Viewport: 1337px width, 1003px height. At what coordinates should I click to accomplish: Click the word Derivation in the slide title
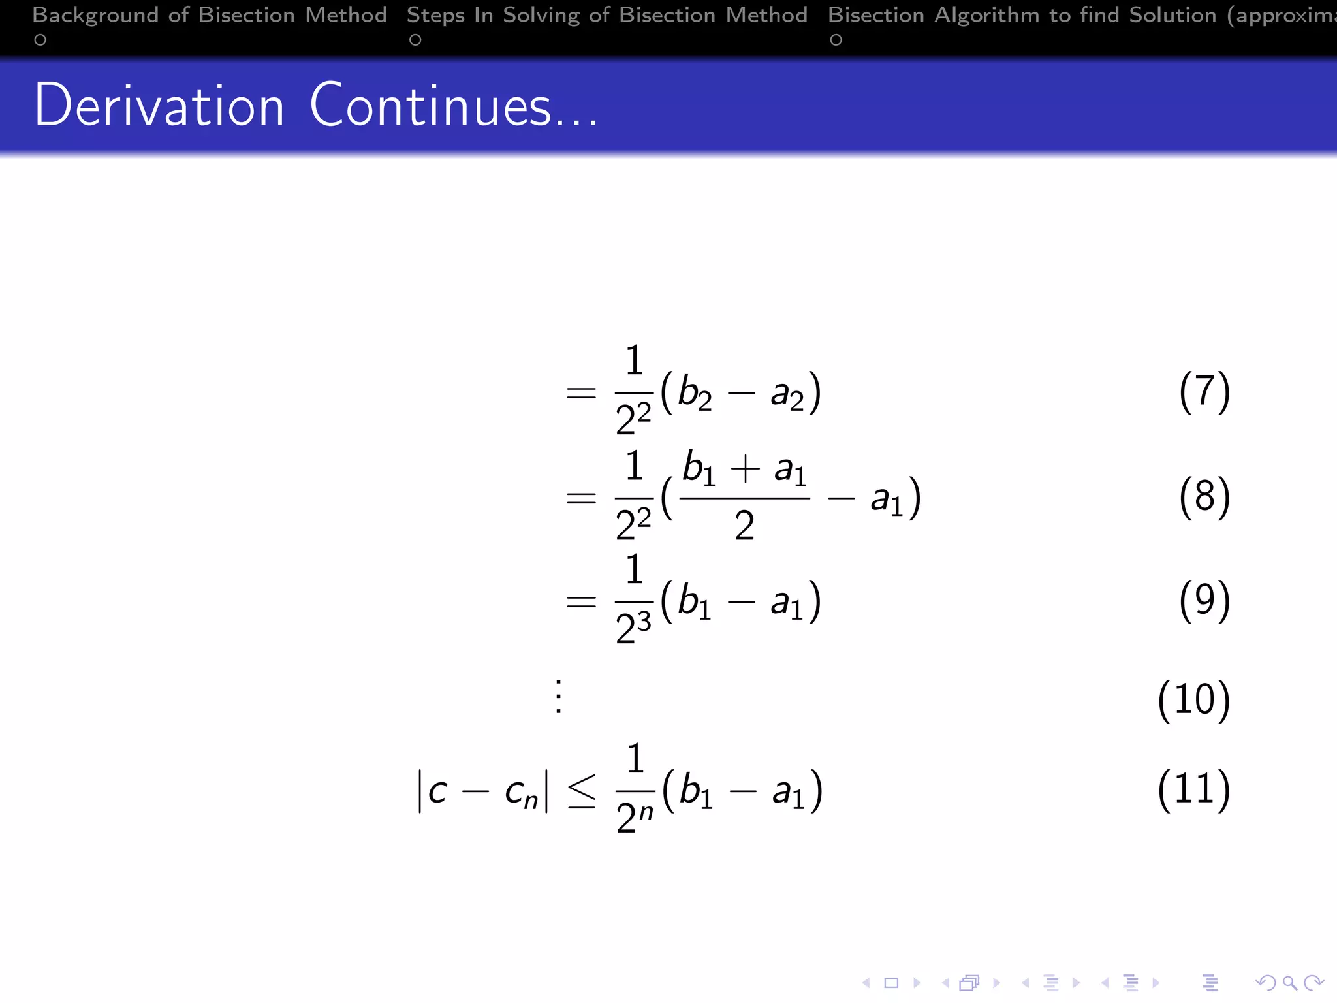159,106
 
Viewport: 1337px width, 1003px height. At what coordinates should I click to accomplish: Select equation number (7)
1204,392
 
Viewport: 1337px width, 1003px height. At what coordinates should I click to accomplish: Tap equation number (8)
1204,497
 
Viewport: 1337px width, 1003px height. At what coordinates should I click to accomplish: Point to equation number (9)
1204,601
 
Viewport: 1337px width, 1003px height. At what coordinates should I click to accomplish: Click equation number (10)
1193,700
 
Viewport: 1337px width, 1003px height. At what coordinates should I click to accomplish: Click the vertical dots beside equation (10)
558,697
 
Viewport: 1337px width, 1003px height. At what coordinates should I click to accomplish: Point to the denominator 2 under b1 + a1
744,526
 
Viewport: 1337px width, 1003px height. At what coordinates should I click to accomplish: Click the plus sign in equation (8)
745,470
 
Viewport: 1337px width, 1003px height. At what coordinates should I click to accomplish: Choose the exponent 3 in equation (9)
644,621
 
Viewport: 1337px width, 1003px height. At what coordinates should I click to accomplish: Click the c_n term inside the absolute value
521,793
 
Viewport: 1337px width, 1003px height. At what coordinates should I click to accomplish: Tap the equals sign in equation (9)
581,601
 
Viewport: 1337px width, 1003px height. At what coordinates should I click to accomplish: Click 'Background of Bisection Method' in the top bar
210,15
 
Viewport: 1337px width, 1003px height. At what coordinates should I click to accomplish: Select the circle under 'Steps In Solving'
415,40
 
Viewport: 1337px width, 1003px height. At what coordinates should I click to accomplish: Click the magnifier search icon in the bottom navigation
1289,983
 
